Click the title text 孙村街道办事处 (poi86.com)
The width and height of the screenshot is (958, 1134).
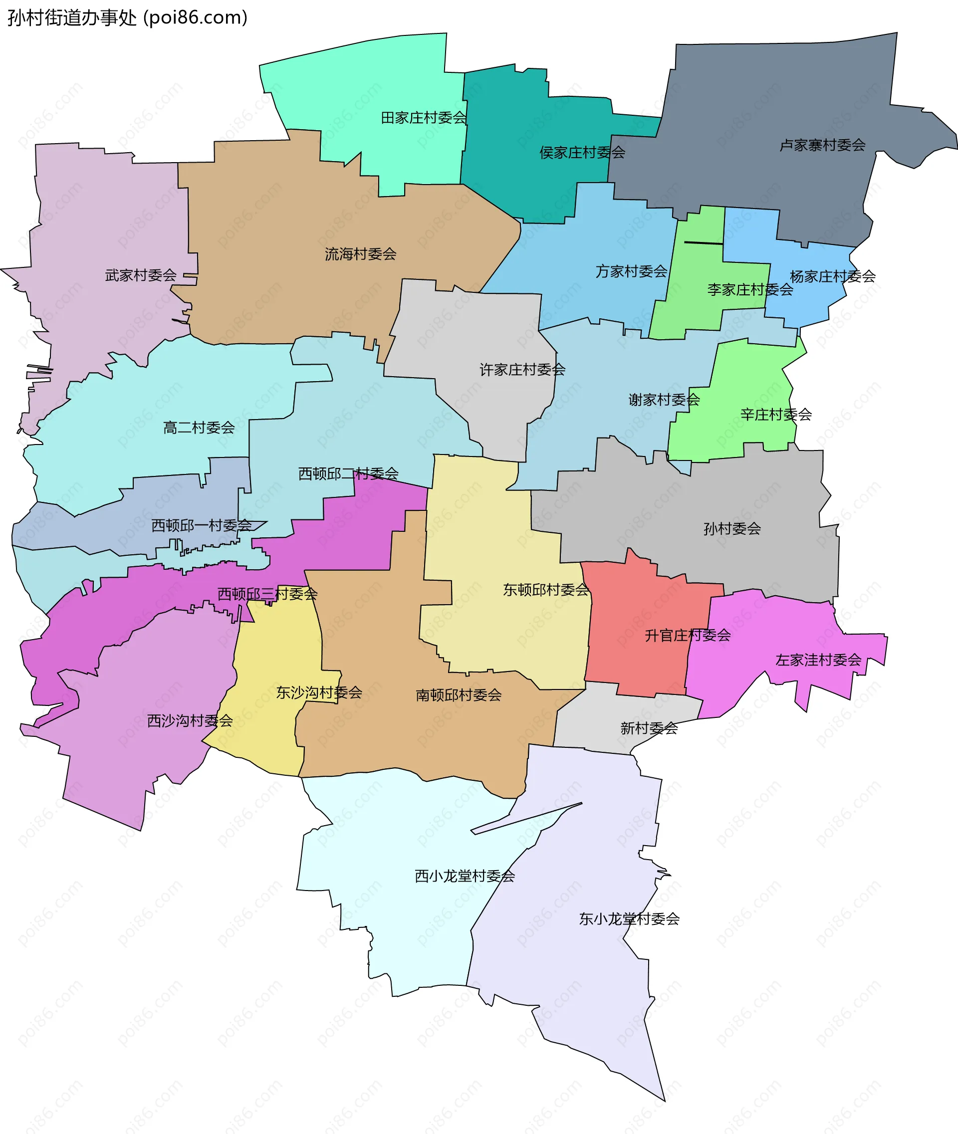(x=127, y=18)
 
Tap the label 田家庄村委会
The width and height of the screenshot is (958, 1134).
(x=424, y=118)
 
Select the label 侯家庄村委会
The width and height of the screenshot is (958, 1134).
(x=582, y=153)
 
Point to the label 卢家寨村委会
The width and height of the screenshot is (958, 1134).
(x=822, y=145)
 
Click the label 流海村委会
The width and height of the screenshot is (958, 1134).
(x=361, y=253)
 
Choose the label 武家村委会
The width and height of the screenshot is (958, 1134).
(x=141, y=275)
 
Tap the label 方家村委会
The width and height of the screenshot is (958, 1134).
(x=631, y=271)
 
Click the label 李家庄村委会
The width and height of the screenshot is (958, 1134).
(x=750, y=289)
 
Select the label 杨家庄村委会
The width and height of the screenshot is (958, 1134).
(x=833, y=276)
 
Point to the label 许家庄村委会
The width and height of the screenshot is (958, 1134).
(x=522, y=370)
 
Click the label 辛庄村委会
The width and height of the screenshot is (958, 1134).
(x=776, y=415)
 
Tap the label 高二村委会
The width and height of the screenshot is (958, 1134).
(x=199, y=428)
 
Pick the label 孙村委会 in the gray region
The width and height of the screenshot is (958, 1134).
(x=732, y=528)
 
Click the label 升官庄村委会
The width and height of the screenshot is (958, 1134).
(x=688, y=635)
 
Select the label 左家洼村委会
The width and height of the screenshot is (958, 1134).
(x=818, y=660)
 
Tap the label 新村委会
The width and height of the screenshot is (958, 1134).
(x=649, y=728)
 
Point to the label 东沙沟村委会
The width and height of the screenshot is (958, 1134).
(x=319, y=692)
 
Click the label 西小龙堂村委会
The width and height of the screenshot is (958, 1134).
(x=465, y=876)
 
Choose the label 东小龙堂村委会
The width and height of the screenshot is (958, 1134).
(x=629, y=919)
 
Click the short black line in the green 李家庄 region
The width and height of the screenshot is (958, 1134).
(x=704, y=243)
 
